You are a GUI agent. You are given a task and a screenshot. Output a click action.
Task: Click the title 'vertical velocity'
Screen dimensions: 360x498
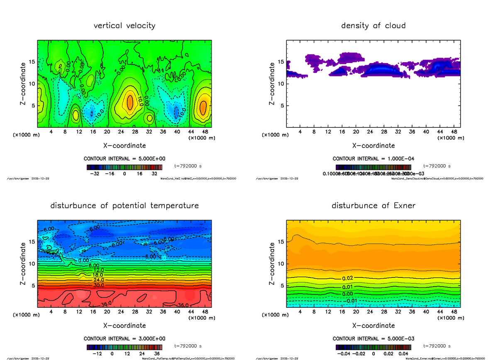click(x=124, y=26)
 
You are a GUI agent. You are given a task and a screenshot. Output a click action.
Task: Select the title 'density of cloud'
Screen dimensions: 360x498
click(x=373, y=26)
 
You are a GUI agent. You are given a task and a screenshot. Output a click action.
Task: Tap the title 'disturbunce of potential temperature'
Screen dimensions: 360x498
click(x=124, y=206)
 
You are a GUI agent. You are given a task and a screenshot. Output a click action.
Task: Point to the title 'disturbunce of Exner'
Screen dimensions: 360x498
click(x=373, y=206)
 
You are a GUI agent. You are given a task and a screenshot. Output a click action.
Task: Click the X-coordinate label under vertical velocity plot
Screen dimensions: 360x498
click(x=124, y=146)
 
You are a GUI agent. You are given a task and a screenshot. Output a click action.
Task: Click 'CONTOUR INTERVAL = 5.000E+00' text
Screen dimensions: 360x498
click(x=124, y=159)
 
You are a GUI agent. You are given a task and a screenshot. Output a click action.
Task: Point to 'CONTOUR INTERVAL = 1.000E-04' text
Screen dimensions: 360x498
click(x=373, y=159)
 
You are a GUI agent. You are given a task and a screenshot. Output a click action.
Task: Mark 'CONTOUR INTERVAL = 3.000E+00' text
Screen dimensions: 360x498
click(x=124, y=338)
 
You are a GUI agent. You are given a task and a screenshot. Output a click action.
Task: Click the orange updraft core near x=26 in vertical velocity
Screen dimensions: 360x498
click(x=129, y=102)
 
